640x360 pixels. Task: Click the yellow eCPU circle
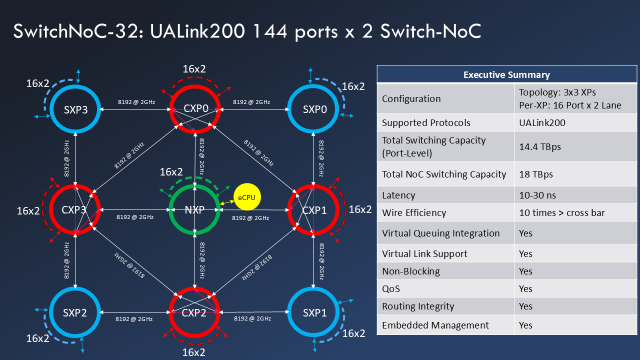(246, 197)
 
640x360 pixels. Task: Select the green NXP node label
(194, 210)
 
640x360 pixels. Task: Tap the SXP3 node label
(75, 109)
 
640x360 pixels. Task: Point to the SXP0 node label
(315, 109)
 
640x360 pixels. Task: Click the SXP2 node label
(75, 313)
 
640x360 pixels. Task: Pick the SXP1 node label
(315, 313)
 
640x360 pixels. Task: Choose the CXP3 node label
(74, 210)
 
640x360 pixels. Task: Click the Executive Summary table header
(506, 75)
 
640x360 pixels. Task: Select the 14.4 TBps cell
(540, 147)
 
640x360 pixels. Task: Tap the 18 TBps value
(536, 174)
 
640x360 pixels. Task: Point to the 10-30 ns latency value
(537, 195)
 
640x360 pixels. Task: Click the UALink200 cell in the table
(542, 122)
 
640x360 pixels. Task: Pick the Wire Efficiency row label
(413, 212)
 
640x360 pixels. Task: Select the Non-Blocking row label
(411, 271)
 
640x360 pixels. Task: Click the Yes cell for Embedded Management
(525, 325)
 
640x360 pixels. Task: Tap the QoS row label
(391, 289)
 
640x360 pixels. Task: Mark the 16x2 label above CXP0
(194, 69)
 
